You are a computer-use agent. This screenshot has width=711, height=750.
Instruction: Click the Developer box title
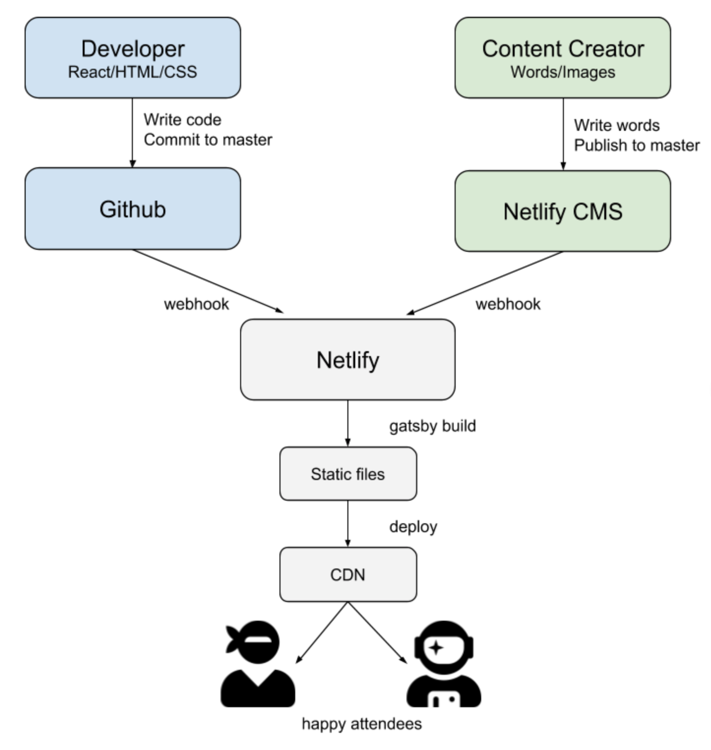132,49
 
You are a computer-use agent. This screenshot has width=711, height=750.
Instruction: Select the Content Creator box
562,58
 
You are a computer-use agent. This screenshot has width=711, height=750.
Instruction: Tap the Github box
132,209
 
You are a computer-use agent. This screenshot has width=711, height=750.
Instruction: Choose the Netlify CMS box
562,211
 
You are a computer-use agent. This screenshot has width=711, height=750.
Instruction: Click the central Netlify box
347,360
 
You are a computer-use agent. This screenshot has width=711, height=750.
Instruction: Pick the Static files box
347,474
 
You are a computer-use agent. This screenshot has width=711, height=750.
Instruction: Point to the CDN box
347,574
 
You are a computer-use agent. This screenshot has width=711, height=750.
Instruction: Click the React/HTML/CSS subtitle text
132,72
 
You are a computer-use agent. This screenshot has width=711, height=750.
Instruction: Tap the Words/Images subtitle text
562,72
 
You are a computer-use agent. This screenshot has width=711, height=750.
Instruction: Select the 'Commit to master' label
208,140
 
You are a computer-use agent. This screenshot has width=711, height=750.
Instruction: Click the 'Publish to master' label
636,145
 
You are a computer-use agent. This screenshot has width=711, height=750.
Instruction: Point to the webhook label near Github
196,304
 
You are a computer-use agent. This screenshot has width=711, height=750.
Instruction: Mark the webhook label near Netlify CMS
508,304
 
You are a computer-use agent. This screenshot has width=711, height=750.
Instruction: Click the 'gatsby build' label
432,425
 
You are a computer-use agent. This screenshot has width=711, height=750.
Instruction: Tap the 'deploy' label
413,527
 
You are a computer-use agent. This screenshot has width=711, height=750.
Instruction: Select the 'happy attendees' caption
362,723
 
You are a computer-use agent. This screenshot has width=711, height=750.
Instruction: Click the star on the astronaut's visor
435,648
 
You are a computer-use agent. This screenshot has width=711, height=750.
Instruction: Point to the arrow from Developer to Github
132,133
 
